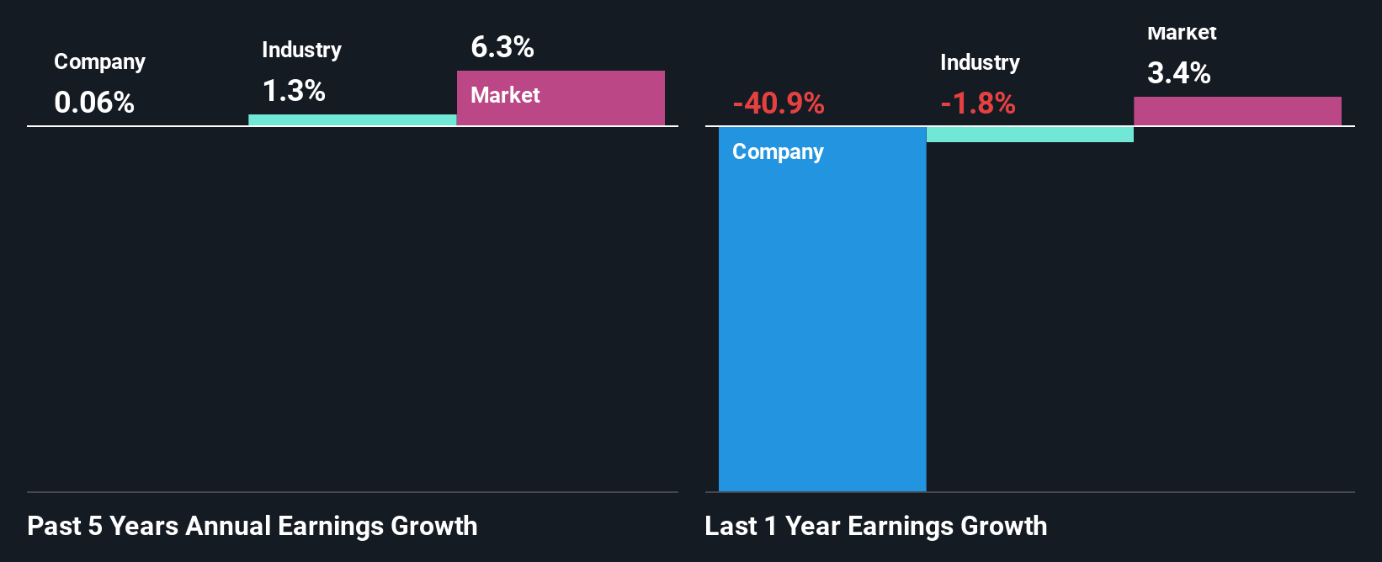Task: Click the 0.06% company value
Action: coord(94,103)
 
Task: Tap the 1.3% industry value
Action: coord(294,91)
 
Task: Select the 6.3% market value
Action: coord(502,47)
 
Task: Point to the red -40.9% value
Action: coord(779,103)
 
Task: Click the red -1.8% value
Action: coord(978,103)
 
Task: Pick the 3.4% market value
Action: coord(1179,73)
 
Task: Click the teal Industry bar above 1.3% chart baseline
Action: coord(353,120)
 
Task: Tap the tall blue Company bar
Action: coord(822,320)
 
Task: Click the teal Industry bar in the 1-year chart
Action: coord(1030,135)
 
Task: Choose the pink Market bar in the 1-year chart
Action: coord(1237,111)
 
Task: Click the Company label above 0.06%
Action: coord(99,61)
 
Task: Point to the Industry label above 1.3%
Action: coord(301,50)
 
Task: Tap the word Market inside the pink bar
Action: coord(505,95)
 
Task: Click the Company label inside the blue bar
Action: coord(778,151)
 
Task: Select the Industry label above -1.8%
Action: coord(980,62)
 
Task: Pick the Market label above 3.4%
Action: coord(1182,34)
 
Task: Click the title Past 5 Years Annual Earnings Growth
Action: coord(252,526)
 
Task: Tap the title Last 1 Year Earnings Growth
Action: coord(876,526)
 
